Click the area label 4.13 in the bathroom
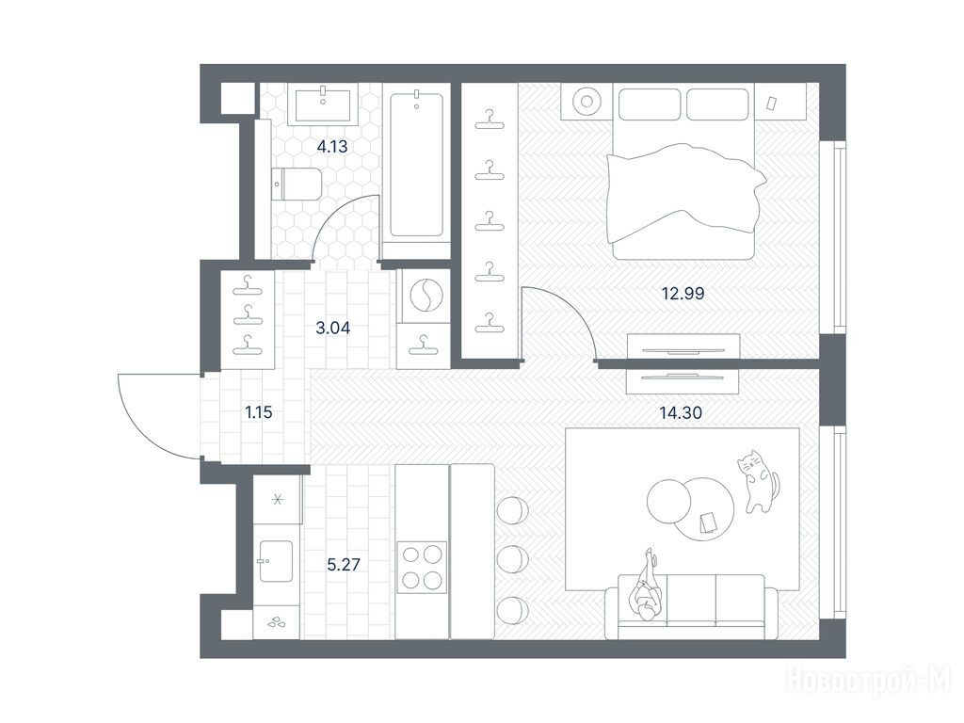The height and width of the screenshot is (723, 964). pyautogui.click(x=332, y=147)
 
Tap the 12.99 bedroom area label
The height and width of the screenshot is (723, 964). pyautogui.click(x=683, y=294)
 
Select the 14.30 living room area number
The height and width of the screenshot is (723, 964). pyautogui.click(x=681, y=412)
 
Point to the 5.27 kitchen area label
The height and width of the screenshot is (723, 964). pyautogui.click(x=343, y=565)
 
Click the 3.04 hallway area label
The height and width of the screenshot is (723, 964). pyautogui.click(x=332, y=329)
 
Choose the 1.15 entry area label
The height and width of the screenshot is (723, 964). pyautogui.click(x=259, y=412)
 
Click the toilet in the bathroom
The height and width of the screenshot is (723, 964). pyautogui.click(x=296, y=184)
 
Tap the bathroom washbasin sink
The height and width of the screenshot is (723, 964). pyautogui.click(x=323, y=104)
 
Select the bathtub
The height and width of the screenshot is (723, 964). pyautogui.click(x=416, y=164)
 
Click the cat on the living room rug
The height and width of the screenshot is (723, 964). pyautogui.click(x=758, y=480)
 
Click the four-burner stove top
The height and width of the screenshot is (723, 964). pyautogui.click(x=422, y=567)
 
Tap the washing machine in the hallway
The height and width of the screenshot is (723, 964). pyautogui.click(x=424, y=297)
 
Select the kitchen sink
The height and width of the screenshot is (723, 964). pyautogui.click(x=275, y=561)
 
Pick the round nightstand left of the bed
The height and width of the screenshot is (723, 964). pyautogui.click(x=586, y=101)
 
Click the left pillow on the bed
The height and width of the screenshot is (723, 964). pyautogui.click(x=650, y=104)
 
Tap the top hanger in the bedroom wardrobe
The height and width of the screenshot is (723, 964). pyautogui.click(x=490, y=120)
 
